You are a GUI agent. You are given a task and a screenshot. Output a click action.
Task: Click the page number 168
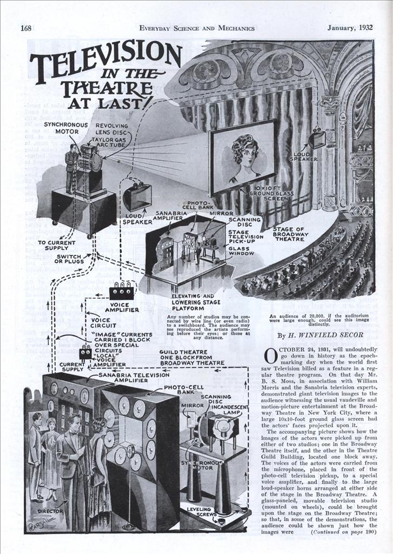tap(27, 28)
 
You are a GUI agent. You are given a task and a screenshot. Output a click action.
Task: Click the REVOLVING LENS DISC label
tap(112, 129)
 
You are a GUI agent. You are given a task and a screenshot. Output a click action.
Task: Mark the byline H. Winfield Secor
tap(320, 335)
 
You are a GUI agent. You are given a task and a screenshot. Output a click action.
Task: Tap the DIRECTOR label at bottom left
tap(50, 510)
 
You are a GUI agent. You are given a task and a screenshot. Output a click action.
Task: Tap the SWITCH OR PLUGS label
tap(69, 259)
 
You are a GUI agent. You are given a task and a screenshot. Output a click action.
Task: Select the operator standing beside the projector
tap(70, 168)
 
